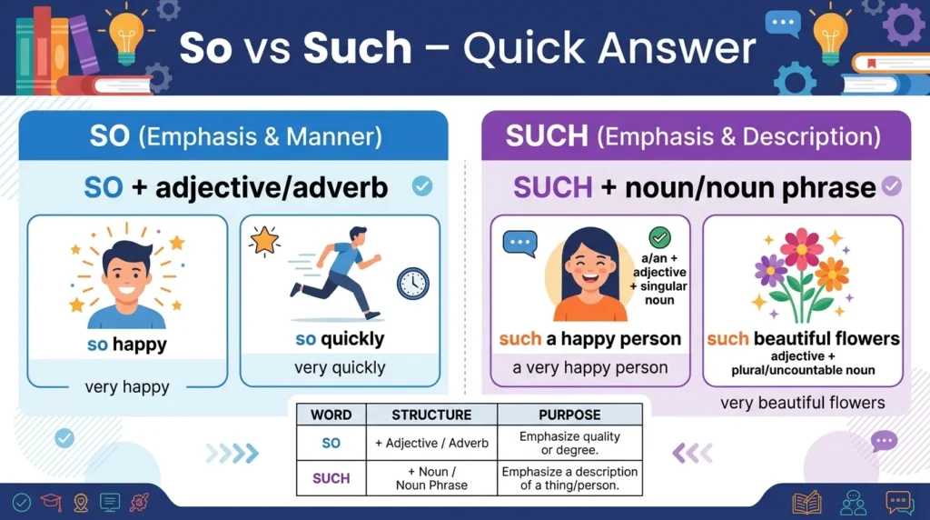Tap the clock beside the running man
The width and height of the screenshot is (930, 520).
coord(413,283)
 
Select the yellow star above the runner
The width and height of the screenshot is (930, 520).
coord(264,240)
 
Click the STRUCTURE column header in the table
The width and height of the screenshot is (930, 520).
coord(431,415)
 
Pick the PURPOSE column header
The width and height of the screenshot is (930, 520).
coord(569,415)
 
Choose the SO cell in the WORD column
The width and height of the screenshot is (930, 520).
coord(331,443)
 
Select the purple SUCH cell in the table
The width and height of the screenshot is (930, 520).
coord(331,478)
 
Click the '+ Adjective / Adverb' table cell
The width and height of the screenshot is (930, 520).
coord(431,443)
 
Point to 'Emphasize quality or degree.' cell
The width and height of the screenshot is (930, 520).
coord(569,443)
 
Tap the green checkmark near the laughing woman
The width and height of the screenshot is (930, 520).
coord(659,237)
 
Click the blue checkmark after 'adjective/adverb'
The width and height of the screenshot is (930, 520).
coord(422,186)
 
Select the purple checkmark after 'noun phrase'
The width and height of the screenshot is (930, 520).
coord(892,186)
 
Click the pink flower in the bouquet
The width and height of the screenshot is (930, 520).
coord(801,249)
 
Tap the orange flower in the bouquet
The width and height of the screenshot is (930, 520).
coord(832,275)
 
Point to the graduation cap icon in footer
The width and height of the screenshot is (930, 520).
coord(51,502)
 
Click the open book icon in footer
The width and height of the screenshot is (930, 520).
coord(806,503)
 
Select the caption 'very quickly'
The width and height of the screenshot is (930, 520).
coord(340,367)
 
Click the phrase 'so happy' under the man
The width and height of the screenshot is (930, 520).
coord(127,345)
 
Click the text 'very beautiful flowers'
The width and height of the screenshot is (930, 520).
coord(803,403)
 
